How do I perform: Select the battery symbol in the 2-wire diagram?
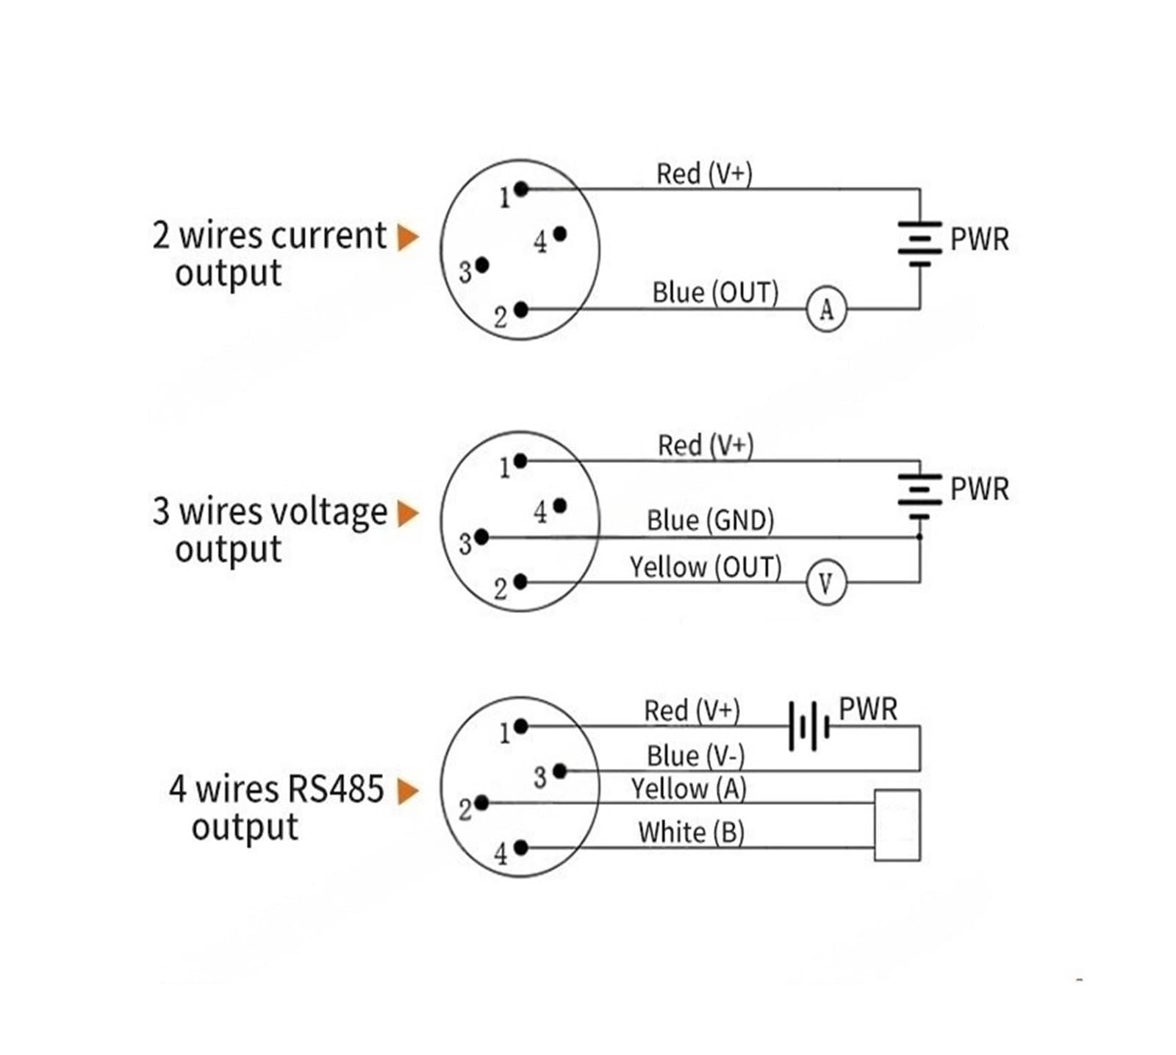919,243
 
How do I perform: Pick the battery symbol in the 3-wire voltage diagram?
919,497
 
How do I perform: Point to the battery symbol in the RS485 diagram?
808,726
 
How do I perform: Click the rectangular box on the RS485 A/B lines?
897,825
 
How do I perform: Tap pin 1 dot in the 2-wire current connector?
521,189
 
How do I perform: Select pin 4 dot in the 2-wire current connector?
559,234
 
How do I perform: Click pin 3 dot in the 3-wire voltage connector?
481,537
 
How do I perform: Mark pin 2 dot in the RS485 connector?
481,803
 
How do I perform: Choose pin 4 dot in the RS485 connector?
521,848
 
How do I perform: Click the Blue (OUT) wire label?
715,293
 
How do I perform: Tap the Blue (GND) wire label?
710,521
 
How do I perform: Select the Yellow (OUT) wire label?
706,568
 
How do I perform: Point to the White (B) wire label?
691,833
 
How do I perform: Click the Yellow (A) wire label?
689,789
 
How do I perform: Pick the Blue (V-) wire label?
695,756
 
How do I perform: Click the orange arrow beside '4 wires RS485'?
408,792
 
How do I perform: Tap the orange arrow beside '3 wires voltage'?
408,514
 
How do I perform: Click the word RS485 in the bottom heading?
336,789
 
